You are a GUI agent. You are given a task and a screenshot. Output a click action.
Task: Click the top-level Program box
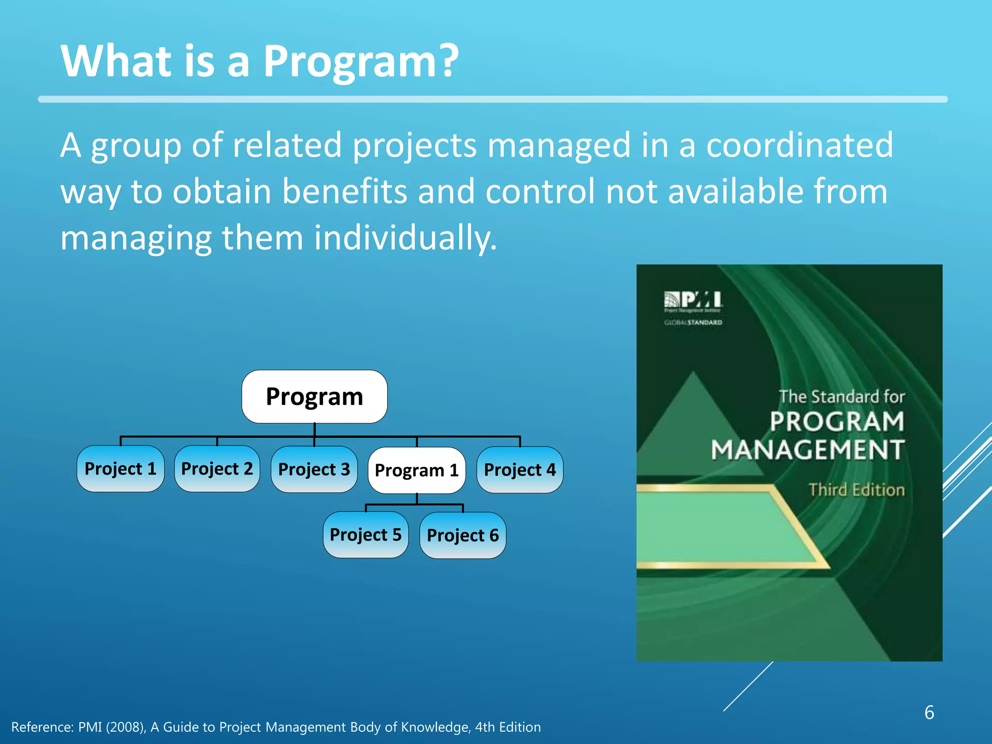pos(314,397)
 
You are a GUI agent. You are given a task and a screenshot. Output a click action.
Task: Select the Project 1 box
pos(120,469)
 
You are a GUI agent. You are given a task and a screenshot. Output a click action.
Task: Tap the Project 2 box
pos(217,469)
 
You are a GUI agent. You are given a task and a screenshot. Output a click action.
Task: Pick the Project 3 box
pos(314,469)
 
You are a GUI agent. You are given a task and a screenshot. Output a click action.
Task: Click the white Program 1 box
pos(417,470)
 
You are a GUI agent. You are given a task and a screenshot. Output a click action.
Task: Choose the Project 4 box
pos(520,470)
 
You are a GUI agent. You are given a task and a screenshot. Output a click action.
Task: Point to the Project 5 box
pos(366,535)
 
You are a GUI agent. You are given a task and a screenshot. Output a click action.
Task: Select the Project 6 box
pos(463,535)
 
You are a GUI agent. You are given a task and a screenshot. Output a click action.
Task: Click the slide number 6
pos(929,713)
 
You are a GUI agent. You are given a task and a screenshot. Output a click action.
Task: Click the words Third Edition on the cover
pos(856,490)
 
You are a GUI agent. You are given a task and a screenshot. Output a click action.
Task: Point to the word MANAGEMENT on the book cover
pos(807,450)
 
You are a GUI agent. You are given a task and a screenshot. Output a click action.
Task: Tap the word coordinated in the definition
pos(799,145)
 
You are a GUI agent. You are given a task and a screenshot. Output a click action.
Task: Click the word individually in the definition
pos(405,238)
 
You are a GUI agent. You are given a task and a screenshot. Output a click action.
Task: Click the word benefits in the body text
pos(344,191)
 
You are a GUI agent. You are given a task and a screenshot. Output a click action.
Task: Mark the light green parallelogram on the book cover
pos(717,528)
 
